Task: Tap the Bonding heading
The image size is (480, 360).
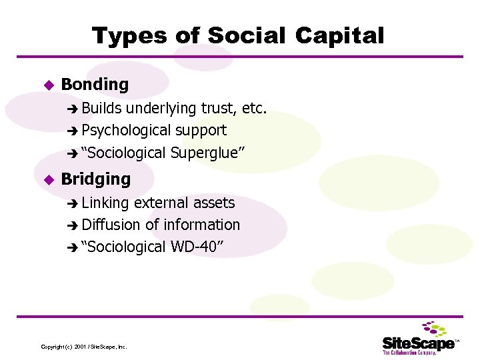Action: [x=95, y=85]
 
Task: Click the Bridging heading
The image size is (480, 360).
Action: [x=96, y=179]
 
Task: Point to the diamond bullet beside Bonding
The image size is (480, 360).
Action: [x=47, y=85]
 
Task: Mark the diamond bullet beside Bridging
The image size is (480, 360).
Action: [x=47, y=179]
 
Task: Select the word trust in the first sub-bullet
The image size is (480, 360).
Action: [x=221, y=108]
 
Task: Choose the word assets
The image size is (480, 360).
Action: [x=213, y=203]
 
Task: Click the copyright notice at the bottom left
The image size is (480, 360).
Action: [x=84, y=347]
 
